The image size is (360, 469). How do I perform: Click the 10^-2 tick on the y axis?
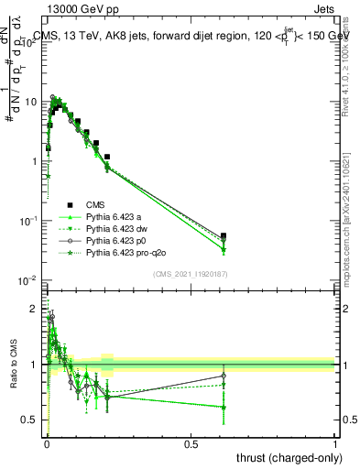click(x=28, y=280)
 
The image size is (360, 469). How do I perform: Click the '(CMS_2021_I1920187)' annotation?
click(x=191, y=273)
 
